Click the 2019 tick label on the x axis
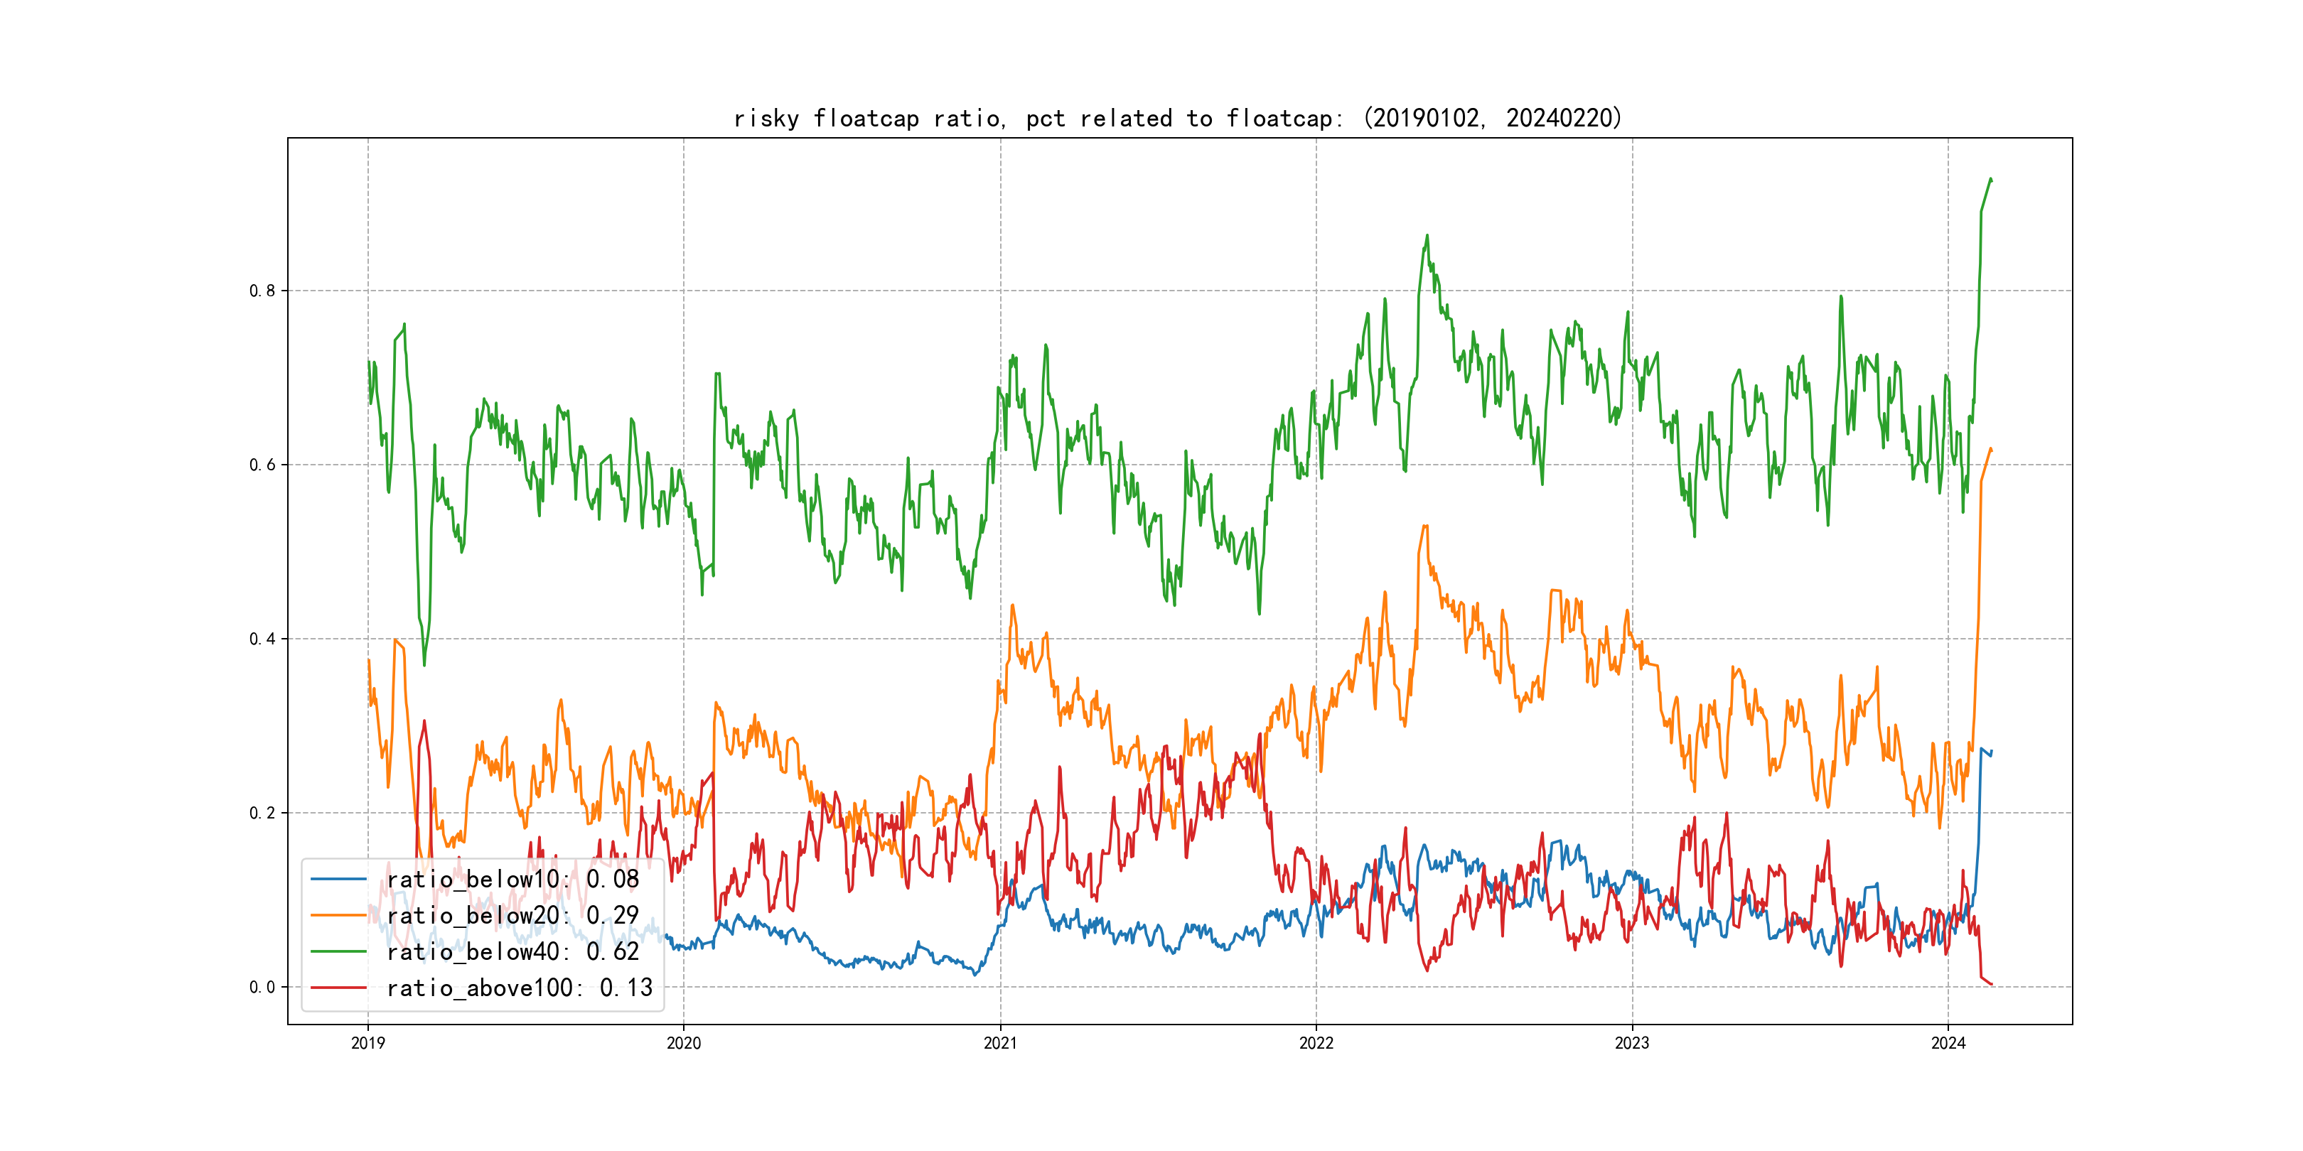coord(367,1043)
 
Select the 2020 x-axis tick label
coord(684,1043)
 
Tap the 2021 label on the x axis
coord(999,1043)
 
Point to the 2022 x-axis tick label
coord(1316,1043)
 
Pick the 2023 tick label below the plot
coord(1631,1043)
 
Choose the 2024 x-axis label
coord(1948,1043)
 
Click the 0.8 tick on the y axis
coord(262,291)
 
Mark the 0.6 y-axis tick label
coord(262,465)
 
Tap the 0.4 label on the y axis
coord(262,639)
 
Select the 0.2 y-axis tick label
coord(262,814)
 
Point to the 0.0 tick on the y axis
coord(262,988)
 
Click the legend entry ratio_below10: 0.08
coord(512,880)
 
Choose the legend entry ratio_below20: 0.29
coord(512,915)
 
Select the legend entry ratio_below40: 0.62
coord(512,952)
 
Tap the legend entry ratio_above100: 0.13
coord(520,988)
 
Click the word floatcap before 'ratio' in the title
coord(866,119)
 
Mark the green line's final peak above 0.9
coord(1990,179)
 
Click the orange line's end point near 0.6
coord(1991,450)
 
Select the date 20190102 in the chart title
coord(1425,119)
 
